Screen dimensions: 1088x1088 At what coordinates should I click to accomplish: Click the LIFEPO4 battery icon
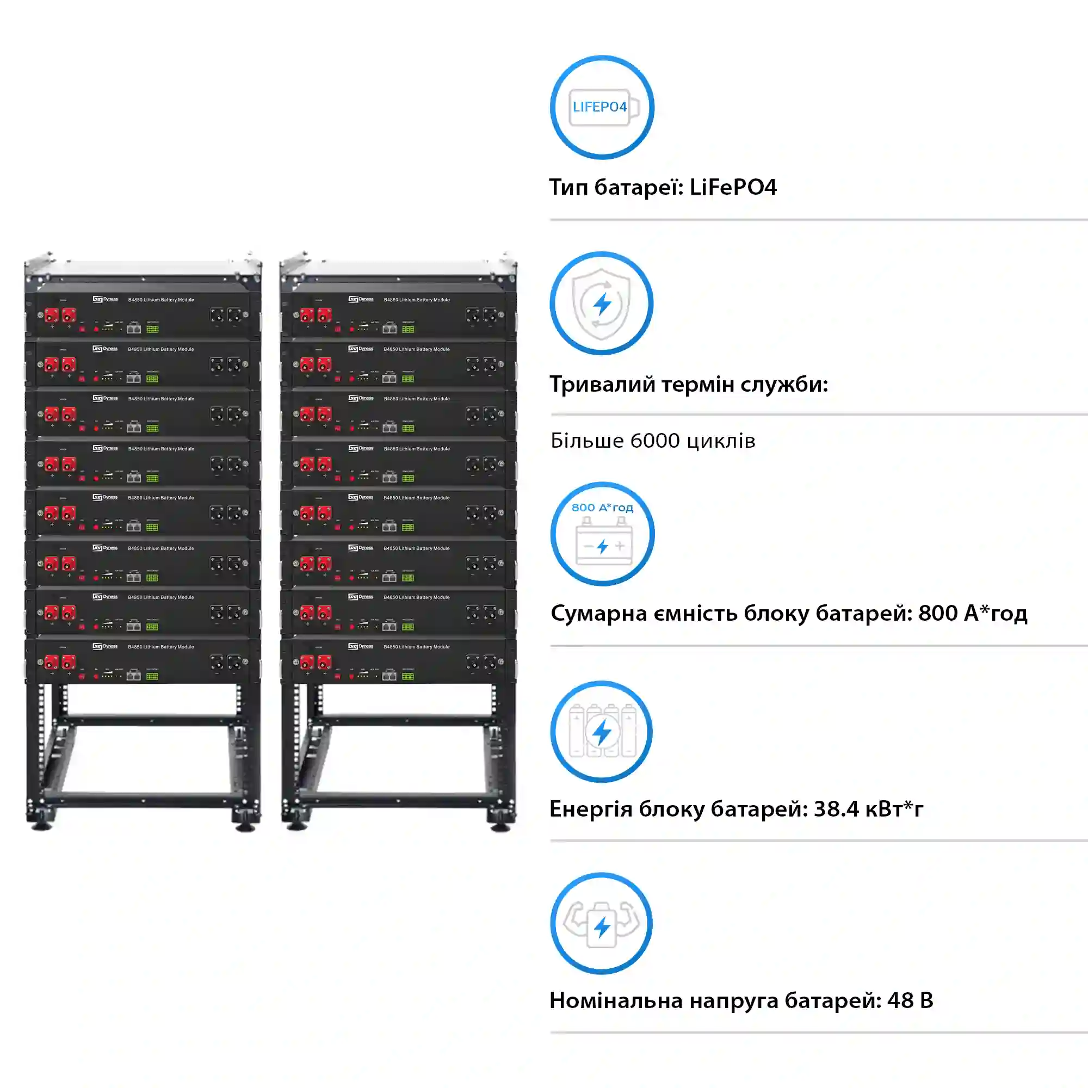click(x=602, y=107)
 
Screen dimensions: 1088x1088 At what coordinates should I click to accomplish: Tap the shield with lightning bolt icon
click(x=602, y=304)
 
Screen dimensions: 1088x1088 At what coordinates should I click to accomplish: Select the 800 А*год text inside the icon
click(x=602, y=508)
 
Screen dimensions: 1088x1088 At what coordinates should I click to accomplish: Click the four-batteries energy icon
click(x=602, y=731)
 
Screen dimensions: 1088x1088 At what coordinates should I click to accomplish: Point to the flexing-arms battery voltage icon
click(x=602, y=924)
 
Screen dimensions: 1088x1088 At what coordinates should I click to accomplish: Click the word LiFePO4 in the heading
click(x=733, y=188)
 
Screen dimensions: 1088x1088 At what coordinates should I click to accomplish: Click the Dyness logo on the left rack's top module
click(x=106, y=299)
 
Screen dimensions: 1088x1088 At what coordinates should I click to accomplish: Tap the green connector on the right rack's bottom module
click(x=407, y=676)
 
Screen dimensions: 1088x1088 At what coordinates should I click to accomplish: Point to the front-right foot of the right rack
click(x=500, y=826)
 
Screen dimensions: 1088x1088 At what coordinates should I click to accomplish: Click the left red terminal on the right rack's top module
click(x=307, y=316)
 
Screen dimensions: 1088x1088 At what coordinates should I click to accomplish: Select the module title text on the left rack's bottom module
click(x=161, y=646)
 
